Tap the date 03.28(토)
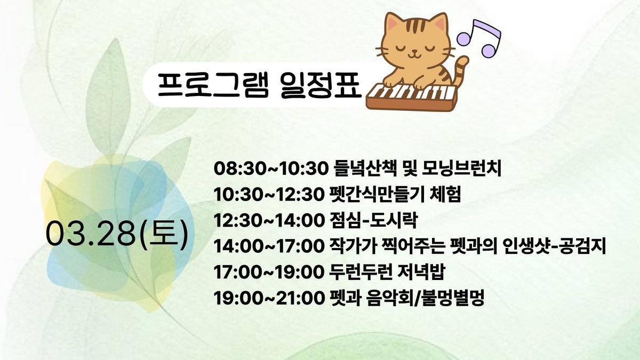tap(117, 234)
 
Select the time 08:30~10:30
tap(271, 169)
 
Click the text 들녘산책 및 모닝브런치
tap(418, 169)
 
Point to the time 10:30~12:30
tap(268, 195)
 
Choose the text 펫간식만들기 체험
tap(395, 195)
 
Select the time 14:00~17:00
tap(268, 246)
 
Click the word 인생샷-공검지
tap(554, 246)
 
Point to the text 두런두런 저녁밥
tap(387, 272)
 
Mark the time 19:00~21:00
tap(268, 298)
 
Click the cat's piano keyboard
tap(412, 98)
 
